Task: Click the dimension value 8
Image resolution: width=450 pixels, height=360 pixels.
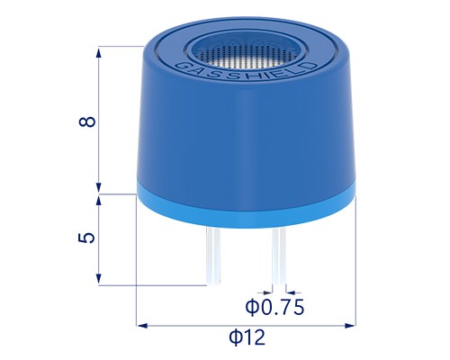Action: click(x=87, y=121)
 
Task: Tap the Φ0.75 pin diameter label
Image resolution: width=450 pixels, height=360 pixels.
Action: click(x=274, y=308)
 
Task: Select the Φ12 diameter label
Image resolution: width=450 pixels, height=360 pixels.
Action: click(x=247, y=337)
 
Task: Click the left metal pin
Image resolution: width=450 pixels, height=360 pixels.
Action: click(x=213, y=256)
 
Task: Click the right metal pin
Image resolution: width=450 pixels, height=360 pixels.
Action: click(x=279, y=256)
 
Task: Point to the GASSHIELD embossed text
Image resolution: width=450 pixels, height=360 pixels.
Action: click(x=245, y=71)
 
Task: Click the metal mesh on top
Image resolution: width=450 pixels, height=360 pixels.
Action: click(x=246, y=53)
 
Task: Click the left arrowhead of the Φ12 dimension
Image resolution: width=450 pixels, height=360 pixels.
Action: click(x=142, y=325)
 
